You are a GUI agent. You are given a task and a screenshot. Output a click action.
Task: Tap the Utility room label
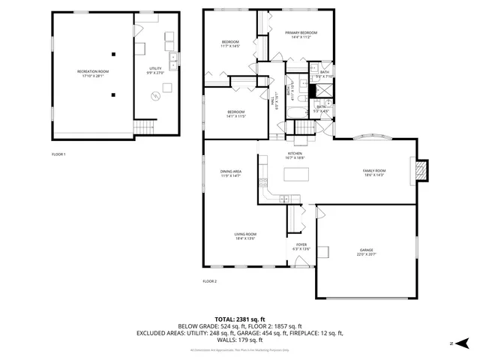point(155,70)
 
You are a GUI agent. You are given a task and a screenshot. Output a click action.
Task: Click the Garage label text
point(365,252)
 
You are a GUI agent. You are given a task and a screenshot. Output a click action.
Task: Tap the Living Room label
point(245,236)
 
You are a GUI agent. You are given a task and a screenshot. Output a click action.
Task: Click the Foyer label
point(301,246)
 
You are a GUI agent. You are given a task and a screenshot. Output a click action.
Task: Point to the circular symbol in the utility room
point(156,95)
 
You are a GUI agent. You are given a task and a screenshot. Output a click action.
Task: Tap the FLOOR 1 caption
point(58,154)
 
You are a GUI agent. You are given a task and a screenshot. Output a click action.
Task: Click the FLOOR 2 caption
point(209,281)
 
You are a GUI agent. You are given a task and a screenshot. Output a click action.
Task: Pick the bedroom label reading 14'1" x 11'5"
point(236,114)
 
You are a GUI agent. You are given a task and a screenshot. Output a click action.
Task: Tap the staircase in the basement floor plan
point(144,127)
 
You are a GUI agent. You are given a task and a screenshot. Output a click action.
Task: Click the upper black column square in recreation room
point(113,53)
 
